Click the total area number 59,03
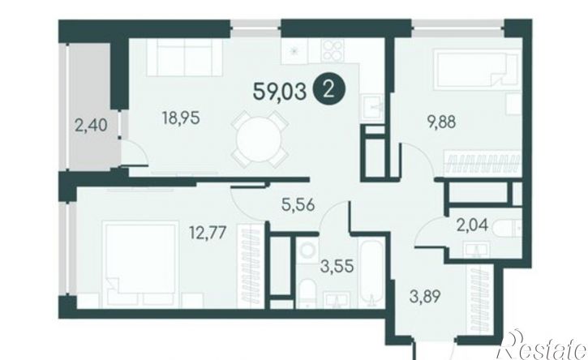(x=280, y=92)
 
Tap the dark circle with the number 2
(x=329, y=90)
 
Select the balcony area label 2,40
(x=91, y=125)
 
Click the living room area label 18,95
(x=181, y=118)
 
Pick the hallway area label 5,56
(x=298, y=205)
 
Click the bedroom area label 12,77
(x=208, y=233)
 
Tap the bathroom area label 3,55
(x=337, y=266)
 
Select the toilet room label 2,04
(x=472, y=225)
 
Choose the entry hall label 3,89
(x=424, y=297)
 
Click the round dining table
(x=260, y=139)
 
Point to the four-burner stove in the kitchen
(x=333, y=49)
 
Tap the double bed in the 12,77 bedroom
(x=139, y=264)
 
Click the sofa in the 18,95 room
(x=184, y=58)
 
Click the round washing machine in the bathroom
(x=309, y=250)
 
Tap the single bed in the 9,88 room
(x=477, y=68)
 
